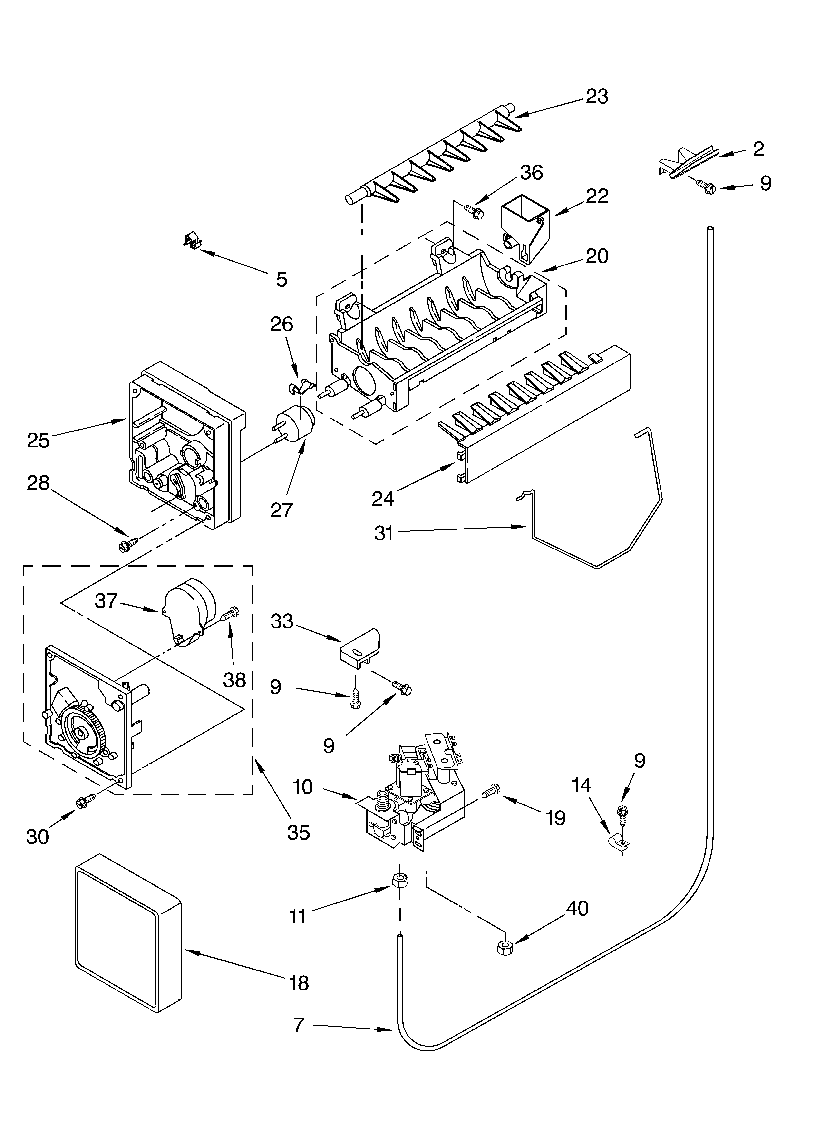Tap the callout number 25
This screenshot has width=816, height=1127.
[x=38, y=440]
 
